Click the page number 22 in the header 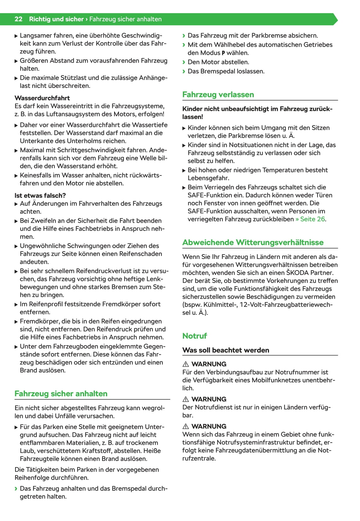(x=18, y=19)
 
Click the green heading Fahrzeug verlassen (x=218, y=94)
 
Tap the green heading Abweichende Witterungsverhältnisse (x=253, y=242)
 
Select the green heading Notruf (x=195, y=336)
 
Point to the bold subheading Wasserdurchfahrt (x=42, y=98)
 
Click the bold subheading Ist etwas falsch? (x=40, y=195)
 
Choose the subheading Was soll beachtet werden (x=226, y=350)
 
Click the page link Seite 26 (x=312, y=219)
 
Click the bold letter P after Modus (x=223, y=53)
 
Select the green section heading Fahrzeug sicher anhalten (x=61, y=393)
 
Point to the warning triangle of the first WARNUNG (x=186, y=364)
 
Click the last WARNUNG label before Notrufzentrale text (x=209, y=426)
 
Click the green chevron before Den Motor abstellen (x=184, y=62)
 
